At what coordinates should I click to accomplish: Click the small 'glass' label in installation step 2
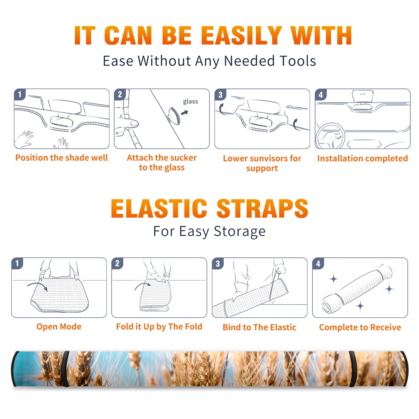tap(190, 102)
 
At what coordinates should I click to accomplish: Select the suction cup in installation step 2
tap(174, 115)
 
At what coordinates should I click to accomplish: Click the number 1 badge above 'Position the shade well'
tap(20, 94)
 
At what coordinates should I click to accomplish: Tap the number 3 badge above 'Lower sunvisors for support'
tap(220, 95)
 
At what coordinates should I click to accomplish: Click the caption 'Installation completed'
tap(362, 158)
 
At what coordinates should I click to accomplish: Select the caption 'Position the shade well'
tap(62, 158)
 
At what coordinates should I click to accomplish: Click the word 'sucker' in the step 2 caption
tap(183, 158)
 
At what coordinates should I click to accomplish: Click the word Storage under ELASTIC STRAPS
tap(240, 231)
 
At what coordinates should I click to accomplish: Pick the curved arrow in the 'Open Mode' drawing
tap(37, 286)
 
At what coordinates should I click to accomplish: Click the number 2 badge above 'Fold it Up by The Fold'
tap(117, 263)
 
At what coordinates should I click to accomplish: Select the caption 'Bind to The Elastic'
tap(259, 327)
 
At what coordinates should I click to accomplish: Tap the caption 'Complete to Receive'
tap(360, 327)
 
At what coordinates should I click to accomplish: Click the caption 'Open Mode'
tap(59, 327)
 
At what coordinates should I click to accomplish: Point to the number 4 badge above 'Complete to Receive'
tap(318, 263)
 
